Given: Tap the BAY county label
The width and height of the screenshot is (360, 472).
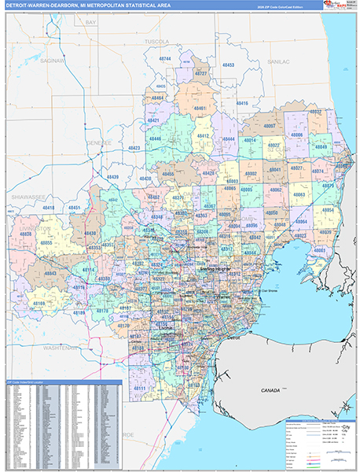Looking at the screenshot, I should click(90, 24).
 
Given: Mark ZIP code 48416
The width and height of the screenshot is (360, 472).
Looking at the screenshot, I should click(241, 104).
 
